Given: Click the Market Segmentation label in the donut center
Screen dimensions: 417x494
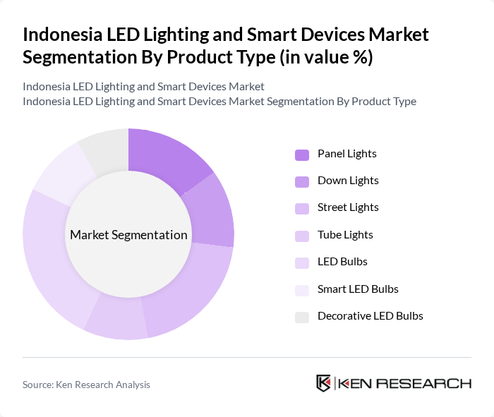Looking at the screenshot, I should pos(128,235).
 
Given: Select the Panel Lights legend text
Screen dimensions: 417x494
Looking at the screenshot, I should pos(347,153).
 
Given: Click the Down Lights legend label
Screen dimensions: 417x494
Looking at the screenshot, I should pos(348,180).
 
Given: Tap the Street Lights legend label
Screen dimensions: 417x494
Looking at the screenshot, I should pos(348,207).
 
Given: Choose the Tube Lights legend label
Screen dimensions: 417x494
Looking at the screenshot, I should pos(345,234).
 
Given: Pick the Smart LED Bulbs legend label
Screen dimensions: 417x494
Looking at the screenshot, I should pos(358,289).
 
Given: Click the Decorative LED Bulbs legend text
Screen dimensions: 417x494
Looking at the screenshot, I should pos(370,315).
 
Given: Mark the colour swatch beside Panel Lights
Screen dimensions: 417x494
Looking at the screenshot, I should pos(302,155).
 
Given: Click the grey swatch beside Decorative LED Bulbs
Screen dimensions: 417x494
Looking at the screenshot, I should pos(302,317).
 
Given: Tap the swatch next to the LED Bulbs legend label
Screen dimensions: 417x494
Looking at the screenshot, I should pos(302,262).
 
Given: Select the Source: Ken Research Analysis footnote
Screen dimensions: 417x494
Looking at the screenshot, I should pos(86,385).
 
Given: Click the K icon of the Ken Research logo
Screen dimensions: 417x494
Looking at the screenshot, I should pos(324,384).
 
